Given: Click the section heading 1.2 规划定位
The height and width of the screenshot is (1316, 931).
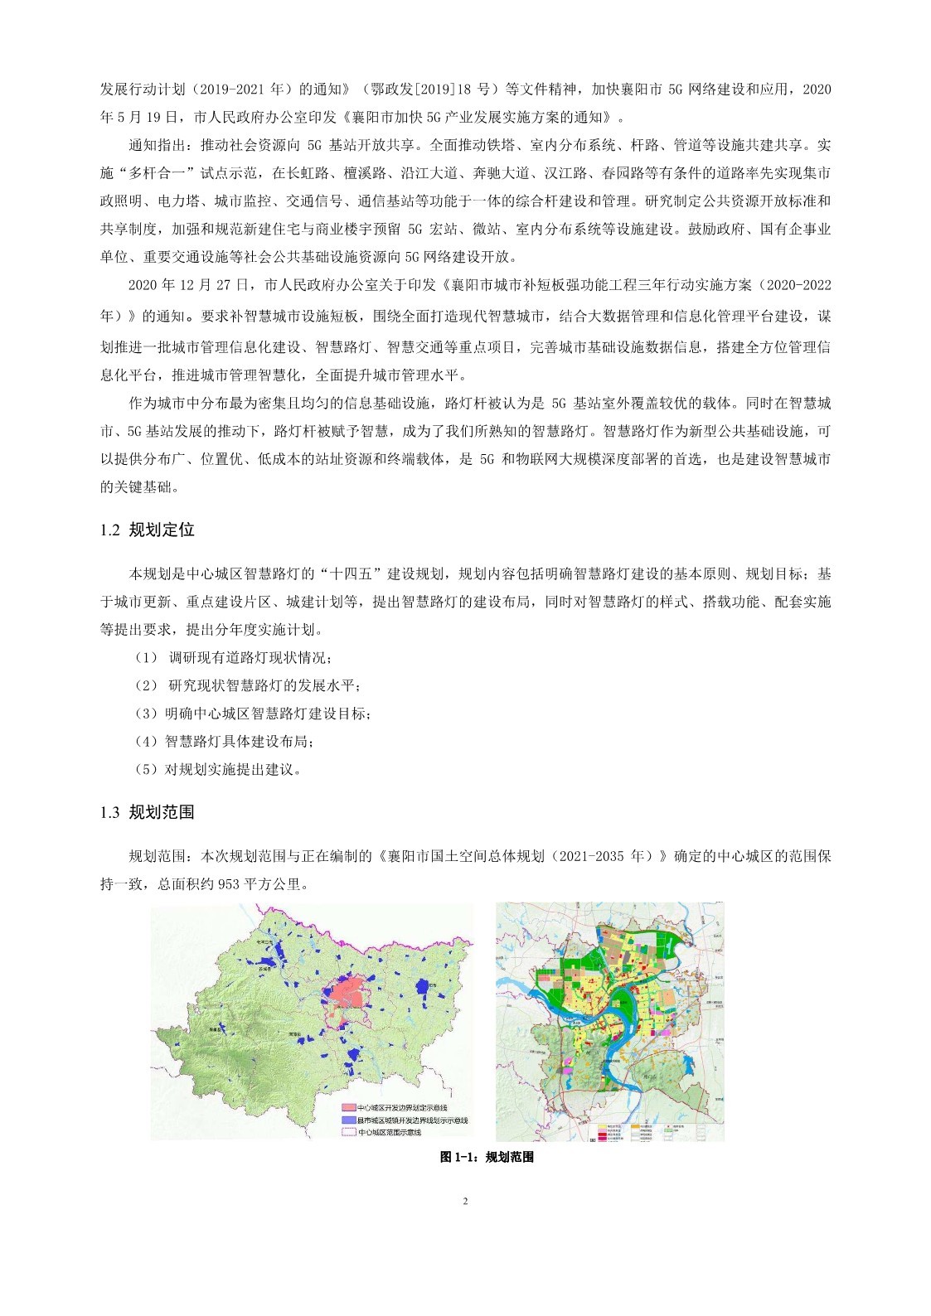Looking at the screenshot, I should [x=147, y=530].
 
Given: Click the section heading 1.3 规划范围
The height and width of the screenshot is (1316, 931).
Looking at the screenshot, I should [x=147, y=812].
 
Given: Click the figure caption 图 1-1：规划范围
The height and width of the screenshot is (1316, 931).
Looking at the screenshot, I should [x=487, y=1157].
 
